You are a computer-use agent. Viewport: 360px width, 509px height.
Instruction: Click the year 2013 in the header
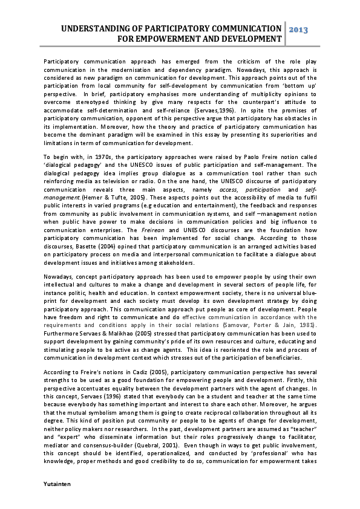[x=299, y=29]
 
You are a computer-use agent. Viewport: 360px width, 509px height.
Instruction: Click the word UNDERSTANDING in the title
[x=97, y=28]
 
